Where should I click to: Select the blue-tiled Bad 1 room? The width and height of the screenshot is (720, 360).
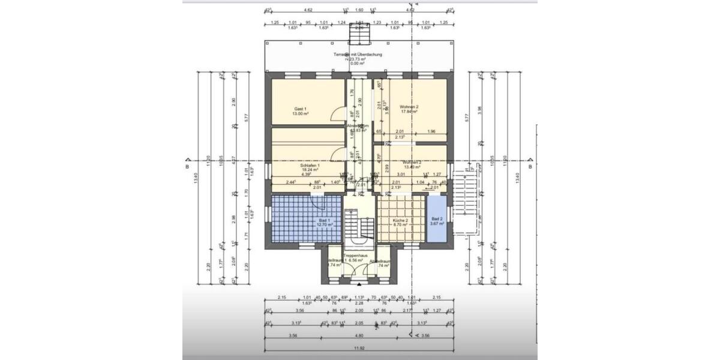[306, 219]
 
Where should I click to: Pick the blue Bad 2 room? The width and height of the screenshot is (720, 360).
[437, 220]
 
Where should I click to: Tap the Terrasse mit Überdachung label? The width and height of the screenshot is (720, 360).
[358, 55]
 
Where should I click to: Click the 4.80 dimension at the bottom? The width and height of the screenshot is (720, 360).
[358, 335]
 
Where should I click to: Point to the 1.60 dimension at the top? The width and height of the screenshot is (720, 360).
[359, 10]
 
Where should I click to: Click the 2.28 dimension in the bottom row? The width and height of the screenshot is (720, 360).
[359, 303]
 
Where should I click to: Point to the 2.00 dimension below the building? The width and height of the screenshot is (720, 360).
[359, 310]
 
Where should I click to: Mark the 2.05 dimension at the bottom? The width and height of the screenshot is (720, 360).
[359, 322]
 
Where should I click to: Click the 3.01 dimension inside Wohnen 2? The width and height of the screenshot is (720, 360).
[401, 175]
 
